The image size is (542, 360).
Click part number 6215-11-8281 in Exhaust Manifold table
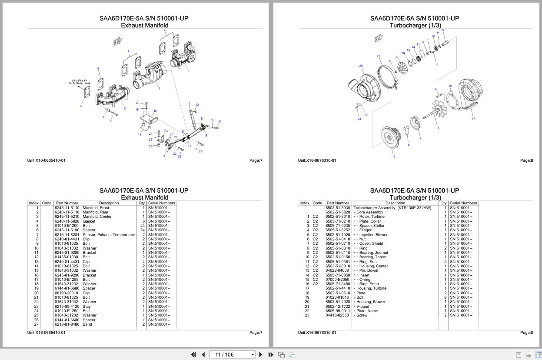point(67,235)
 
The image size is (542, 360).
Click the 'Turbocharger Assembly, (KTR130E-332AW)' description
point(392,208)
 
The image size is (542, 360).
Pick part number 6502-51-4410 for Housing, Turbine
point(338,288)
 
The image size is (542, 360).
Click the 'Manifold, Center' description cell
point(97,217)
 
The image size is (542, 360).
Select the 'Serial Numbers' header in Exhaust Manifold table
point(161,203)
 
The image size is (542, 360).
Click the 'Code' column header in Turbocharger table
point(317,203)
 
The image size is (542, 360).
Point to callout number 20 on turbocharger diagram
point(361,66)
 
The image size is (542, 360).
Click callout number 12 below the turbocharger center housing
point(393,157)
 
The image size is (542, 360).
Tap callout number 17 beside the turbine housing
point(473,119)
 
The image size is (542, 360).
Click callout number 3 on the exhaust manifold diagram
point(159,88)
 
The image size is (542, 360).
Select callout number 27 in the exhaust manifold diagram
point(176,137)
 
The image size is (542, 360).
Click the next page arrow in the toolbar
point(261,355)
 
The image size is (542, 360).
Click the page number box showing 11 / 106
point(230,355)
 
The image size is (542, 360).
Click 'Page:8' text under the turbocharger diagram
point(526,160)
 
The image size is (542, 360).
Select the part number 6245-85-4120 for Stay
point(67,307)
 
